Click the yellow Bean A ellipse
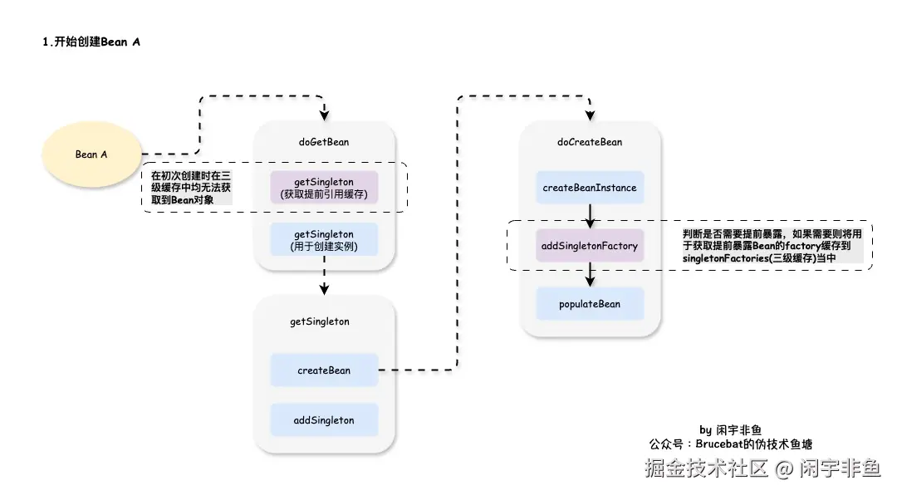pyautogui.click(x=91, y=154)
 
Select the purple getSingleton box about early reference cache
pyautogui.click(x=324, y=189)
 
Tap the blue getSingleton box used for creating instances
pyautogui.click(x=324, y=240)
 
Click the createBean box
pyautogui.click(x=324, y=370)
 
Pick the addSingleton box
pyautogui.click(x=324, y=420)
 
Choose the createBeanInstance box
pyautogui.click(x=590, y=188)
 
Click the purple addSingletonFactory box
pyautogui.click(x=590, y=246)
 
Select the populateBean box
pyautogui.click(x=590, y=304)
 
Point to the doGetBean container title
pyautogui.click(x=324, y=142)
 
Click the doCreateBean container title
pyautogui.click(x=590, y=142)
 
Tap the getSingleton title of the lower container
pyautogui.click(x=320, y=321)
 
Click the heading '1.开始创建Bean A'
pyautogui.click(x=91, y=42)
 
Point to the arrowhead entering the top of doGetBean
pyautogui.click(x=325, y=115)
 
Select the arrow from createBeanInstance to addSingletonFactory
pyautogui.click(x=590, y=216)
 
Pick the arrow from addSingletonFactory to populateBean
pyautogui.click(x=590, y=275)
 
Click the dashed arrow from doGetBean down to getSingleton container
pyautogui.click(x=325, y=282)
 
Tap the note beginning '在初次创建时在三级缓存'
pyautogui.click(x=190, y=188)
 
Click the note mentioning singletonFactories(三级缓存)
pyautogui.click(x=772, y=247)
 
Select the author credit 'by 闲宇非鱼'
pyautogui.click(x=730, y=429)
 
